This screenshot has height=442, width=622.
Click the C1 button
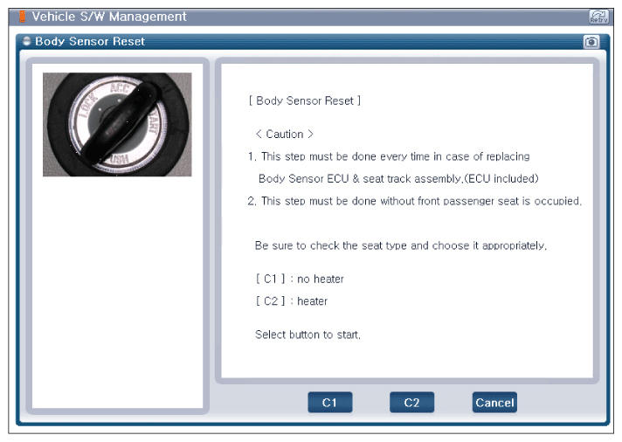pos(329,403)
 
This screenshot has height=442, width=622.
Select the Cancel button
pos(494,403)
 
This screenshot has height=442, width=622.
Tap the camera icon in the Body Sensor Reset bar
pos(591,42)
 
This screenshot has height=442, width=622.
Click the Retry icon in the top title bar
pos(598,17)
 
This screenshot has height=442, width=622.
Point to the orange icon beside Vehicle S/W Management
pos(22,17)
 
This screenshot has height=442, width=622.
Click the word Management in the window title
pos(148,17)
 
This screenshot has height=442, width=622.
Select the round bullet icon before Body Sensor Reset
pos(26,41)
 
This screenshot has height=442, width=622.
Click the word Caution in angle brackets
pos(285,135)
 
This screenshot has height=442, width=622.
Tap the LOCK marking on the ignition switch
pos(86,105)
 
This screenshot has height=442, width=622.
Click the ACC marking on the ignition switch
pos(120,87)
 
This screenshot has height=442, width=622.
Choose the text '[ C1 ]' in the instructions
pos(271,279)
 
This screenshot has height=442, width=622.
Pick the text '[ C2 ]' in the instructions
pos(271,301)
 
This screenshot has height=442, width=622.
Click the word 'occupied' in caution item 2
pos(557,201)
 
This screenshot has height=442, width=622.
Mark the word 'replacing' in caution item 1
pos(508,156)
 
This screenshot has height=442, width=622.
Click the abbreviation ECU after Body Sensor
pos(337,178)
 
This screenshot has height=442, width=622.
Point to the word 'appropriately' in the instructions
pos(514,246)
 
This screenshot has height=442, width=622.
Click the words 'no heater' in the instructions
pos(321,279)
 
